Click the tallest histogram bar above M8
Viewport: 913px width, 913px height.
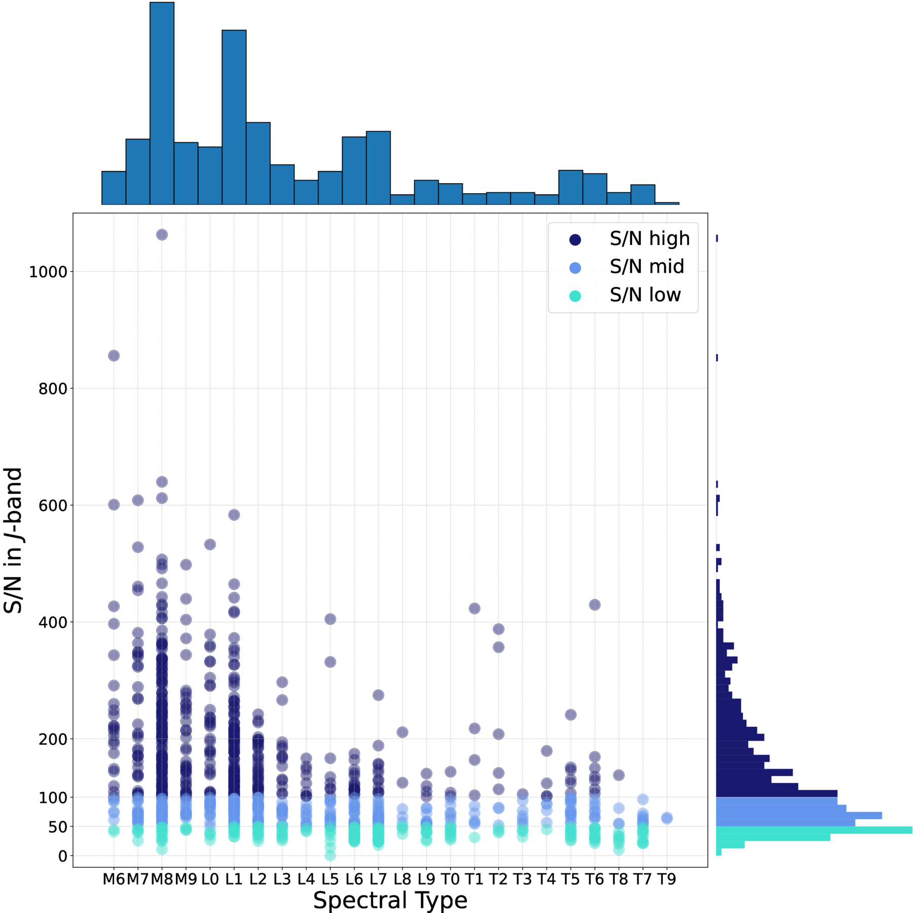162,101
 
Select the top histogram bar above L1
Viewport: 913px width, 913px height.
234,117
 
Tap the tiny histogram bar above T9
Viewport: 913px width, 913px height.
666,203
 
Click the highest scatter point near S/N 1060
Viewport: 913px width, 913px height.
162,235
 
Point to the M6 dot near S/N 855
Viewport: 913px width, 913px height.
114,356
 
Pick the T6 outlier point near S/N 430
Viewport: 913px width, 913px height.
594,605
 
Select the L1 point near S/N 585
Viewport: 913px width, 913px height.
234,515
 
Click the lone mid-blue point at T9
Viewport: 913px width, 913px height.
667,818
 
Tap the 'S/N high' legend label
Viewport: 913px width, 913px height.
649,238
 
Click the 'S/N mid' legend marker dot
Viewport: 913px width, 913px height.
575,268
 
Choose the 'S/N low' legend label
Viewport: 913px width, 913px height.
645,295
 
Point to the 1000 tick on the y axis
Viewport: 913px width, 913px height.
48,272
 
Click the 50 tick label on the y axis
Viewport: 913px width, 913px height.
57,827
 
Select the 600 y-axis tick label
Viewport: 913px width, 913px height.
53,506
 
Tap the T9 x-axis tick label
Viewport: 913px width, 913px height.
666,879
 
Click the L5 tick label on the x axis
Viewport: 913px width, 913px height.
330,879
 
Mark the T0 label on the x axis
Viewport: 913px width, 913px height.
450,879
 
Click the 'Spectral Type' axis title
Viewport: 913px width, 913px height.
390,901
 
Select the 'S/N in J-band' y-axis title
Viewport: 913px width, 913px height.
14,540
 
